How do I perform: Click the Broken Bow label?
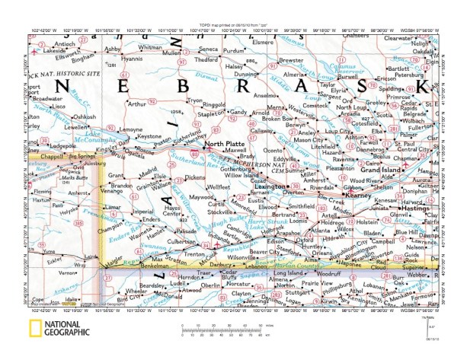[x=278, y=119]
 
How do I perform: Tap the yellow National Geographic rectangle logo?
[x=35, y=329]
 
